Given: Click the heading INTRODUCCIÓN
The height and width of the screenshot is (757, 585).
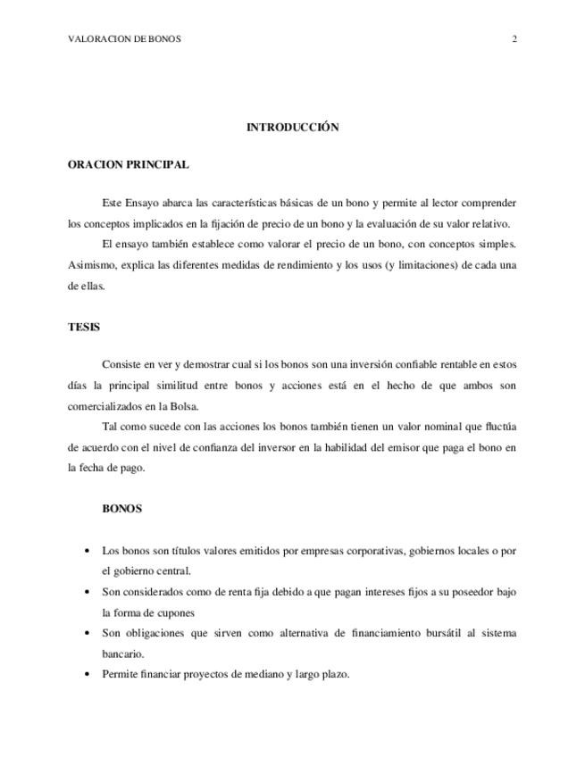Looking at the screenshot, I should pos(292,128).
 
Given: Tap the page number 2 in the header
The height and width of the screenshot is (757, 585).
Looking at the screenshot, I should pos(515,39).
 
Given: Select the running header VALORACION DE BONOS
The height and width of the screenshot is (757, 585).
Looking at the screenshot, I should pos(124,39).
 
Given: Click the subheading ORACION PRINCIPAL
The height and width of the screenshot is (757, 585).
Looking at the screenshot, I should pos(128,164).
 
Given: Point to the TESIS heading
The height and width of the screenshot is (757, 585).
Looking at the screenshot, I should pos(84,327).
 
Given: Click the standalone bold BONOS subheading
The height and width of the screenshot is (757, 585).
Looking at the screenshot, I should pos(122,509).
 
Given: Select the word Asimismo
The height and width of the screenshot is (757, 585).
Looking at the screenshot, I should pos(91,265).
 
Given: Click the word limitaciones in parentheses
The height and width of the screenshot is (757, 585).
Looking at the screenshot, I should pos(423,265).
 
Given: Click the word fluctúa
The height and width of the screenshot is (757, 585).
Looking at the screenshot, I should pos(498,427).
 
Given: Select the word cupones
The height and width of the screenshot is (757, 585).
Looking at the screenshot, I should pos(174,613).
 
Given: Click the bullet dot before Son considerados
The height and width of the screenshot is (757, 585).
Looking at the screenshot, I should pos(86,593).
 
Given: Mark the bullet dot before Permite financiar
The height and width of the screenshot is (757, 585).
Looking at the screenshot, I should pos(86,675).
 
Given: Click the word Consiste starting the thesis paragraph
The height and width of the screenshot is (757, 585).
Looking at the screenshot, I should pos(122,364).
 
